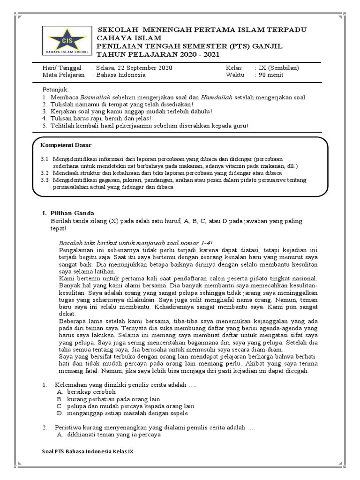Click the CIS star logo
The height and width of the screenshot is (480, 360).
coord(66,41)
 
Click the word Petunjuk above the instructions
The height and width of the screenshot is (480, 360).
coord(56,89)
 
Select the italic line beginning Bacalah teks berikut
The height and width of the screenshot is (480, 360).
coord(136,243)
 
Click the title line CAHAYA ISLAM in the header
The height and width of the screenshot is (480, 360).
coord(129,38)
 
